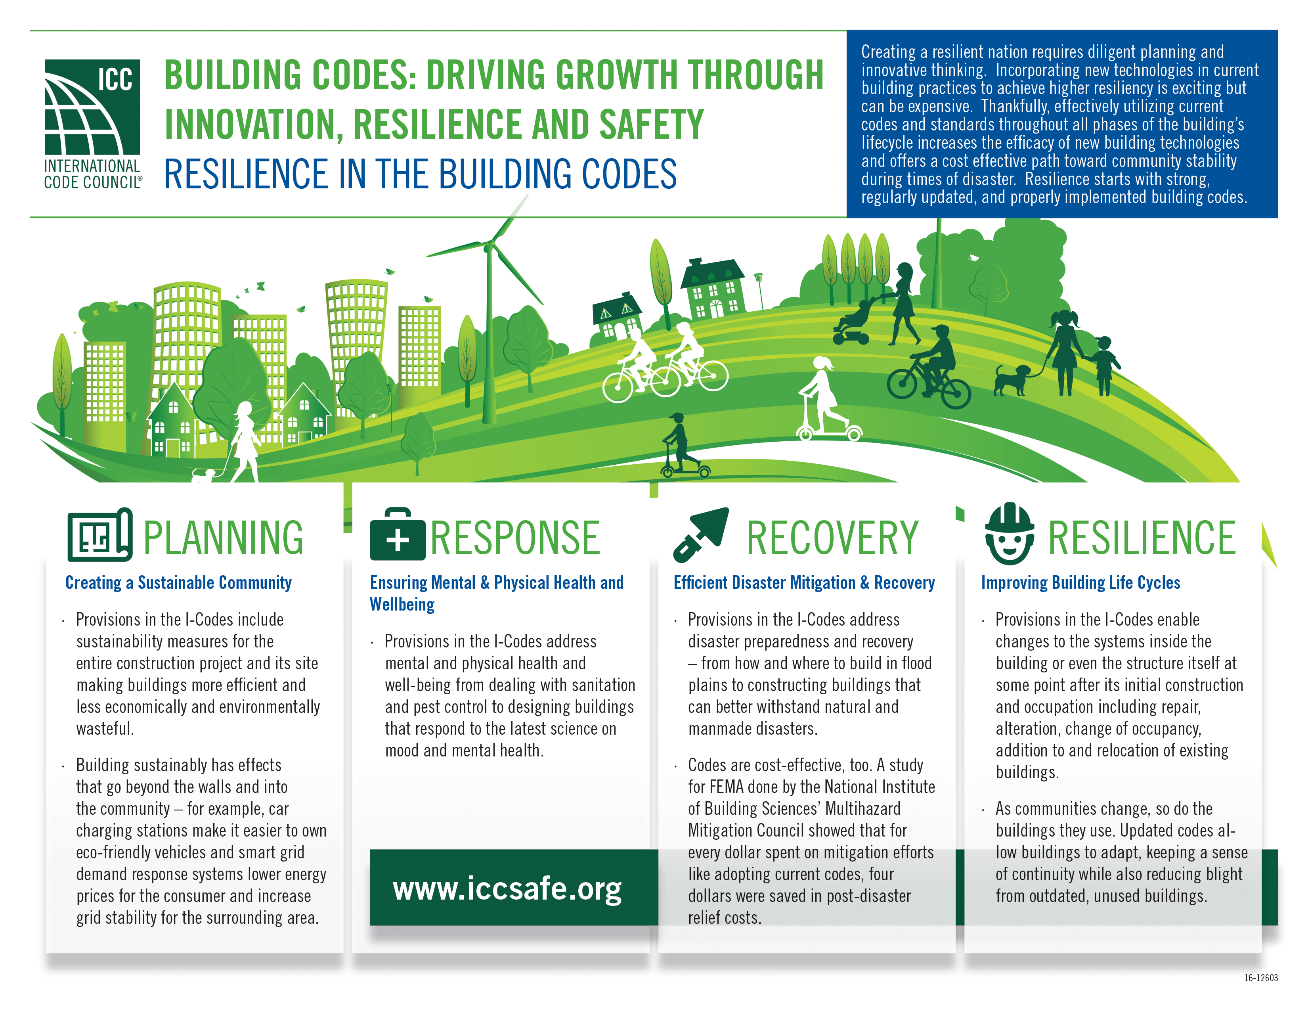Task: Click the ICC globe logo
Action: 92,108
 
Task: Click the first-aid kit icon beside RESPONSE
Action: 397,535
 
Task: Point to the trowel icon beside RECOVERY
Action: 701,534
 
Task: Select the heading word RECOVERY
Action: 832,537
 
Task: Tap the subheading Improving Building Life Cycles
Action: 1080,583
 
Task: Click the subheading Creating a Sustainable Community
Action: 178,583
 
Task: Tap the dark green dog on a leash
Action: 1012,380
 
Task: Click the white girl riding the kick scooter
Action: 824,398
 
